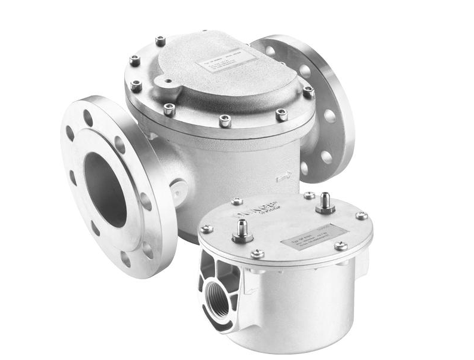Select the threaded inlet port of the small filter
[216, 300]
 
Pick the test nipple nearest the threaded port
[242, 230]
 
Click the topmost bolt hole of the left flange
[88, 118]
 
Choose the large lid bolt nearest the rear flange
[308, 91]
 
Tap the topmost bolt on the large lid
[160, 41]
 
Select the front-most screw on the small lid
[257, 253]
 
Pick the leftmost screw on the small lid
[206, 229]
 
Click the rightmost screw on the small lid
[362, 215]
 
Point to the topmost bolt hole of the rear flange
[270, 51]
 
